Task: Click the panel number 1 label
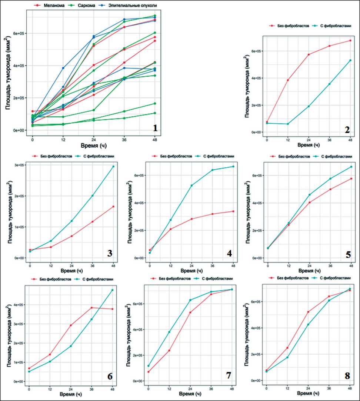click(x=155, y=128)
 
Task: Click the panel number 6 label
click(x=110, y=375)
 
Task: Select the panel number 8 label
click(x=347, y=376)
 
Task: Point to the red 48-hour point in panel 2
click(x=350, y=40)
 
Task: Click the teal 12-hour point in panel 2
click(x=288, y=124)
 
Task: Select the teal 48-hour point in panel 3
click(x=113, y=166)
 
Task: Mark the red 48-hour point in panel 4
click(x=233, y=211)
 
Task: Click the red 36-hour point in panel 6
click(x=91, y=308)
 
